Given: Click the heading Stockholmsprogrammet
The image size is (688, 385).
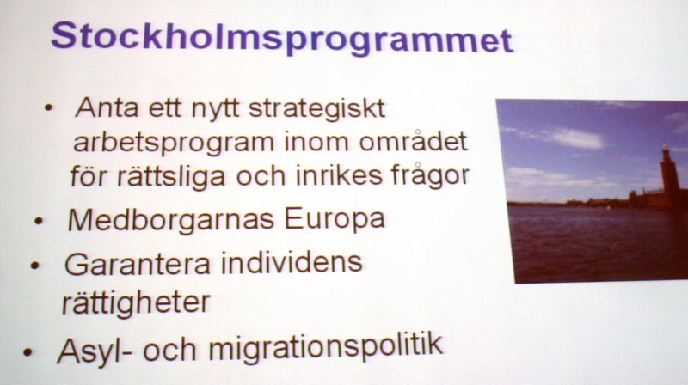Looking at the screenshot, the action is coord(282,39).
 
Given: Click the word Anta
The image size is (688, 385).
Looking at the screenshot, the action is coord(107,107).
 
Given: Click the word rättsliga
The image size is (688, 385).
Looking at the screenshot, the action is coord(171,176).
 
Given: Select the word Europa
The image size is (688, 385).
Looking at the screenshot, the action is coord(335,219).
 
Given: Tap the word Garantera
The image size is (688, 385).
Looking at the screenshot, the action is coord(138,264).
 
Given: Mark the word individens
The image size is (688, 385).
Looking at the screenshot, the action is coord(292,262).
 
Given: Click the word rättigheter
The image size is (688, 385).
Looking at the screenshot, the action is coord(136,302).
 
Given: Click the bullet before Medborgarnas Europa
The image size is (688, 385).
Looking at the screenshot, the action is coord(39,221).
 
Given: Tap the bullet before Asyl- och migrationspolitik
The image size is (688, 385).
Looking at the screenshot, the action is coord(28,352).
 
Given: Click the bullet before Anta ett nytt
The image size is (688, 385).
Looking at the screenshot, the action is coord(49,108).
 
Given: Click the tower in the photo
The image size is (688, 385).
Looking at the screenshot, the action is coord(667,175).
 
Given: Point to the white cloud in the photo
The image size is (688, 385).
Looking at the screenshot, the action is coord(574,138).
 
